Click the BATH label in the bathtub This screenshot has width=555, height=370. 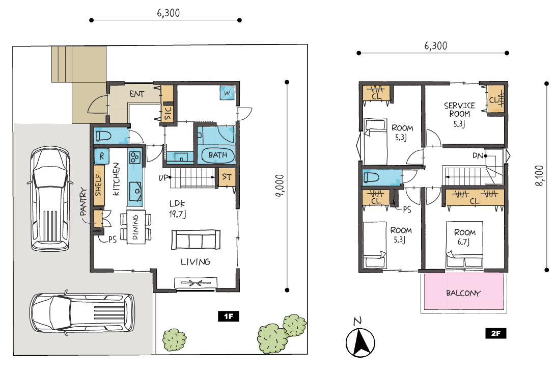[218, 155]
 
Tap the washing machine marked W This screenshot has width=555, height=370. [227, 93]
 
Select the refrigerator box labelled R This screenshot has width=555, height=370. [102, 156]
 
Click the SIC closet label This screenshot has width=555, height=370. [168, 113]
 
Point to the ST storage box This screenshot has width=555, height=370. [227, 177]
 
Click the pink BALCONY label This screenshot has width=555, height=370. [463, 293]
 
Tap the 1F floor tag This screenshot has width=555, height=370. [228, 316]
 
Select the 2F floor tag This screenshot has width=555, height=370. [495, 333]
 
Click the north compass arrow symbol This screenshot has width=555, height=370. [360, 342]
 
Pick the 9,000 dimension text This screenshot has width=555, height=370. [279, 186]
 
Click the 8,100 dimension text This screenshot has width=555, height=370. [539, 175]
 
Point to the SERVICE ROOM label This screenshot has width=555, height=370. [459, 110]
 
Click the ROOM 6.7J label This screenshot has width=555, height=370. [464, 237]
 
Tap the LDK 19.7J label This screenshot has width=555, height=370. [177, 208]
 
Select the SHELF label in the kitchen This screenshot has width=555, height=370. [98, 185]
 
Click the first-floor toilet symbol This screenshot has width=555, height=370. [103, 136]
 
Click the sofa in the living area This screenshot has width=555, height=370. [196, 240]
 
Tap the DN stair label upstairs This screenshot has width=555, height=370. [478, 155]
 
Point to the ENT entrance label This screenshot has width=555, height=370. [137, 94]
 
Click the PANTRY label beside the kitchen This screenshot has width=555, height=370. [83, 202]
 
